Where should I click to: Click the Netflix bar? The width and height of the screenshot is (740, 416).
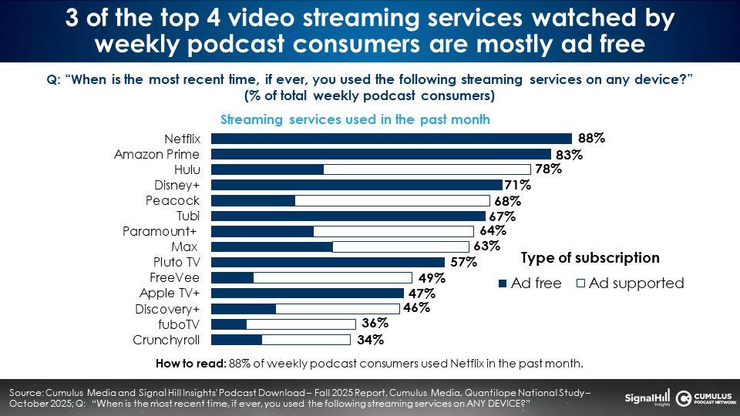pos(392,139)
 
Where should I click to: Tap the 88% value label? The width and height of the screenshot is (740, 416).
pos(591,139)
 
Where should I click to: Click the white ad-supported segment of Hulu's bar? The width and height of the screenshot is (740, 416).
pos(427,169)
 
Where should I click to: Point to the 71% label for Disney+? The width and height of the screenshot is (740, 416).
pos(518,185)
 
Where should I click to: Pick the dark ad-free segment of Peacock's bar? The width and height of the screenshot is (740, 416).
pos(253,200)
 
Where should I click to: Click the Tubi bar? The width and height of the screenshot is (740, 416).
pos(348,216)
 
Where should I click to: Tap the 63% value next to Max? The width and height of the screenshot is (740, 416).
pos(487,247)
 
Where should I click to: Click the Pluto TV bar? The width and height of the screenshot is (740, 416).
pos(328,262)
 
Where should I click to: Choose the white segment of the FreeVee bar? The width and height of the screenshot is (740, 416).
pos(332,277)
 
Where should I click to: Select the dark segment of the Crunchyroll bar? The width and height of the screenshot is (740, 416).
pos(237,339)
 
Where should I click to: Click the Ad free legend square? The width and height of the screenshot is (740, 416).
pos(503,283)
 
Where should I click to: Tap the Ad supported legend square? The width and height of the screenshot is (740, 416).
pos(580,283)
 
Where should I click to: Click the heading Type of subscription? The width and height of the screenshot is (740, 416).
pos(590,258)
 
